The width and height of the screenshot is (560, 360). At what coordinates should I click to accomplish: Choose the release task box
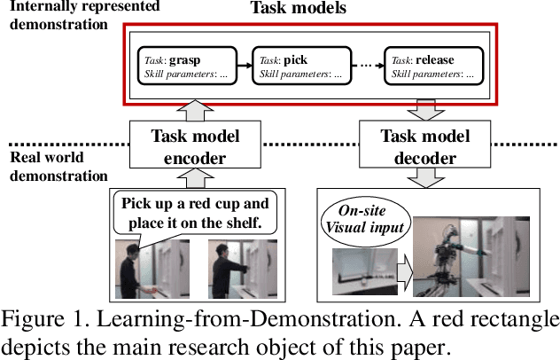(435, 67)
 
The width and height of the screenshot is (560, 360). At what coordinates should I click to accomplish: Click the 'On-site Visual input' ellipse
(365, 217)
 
